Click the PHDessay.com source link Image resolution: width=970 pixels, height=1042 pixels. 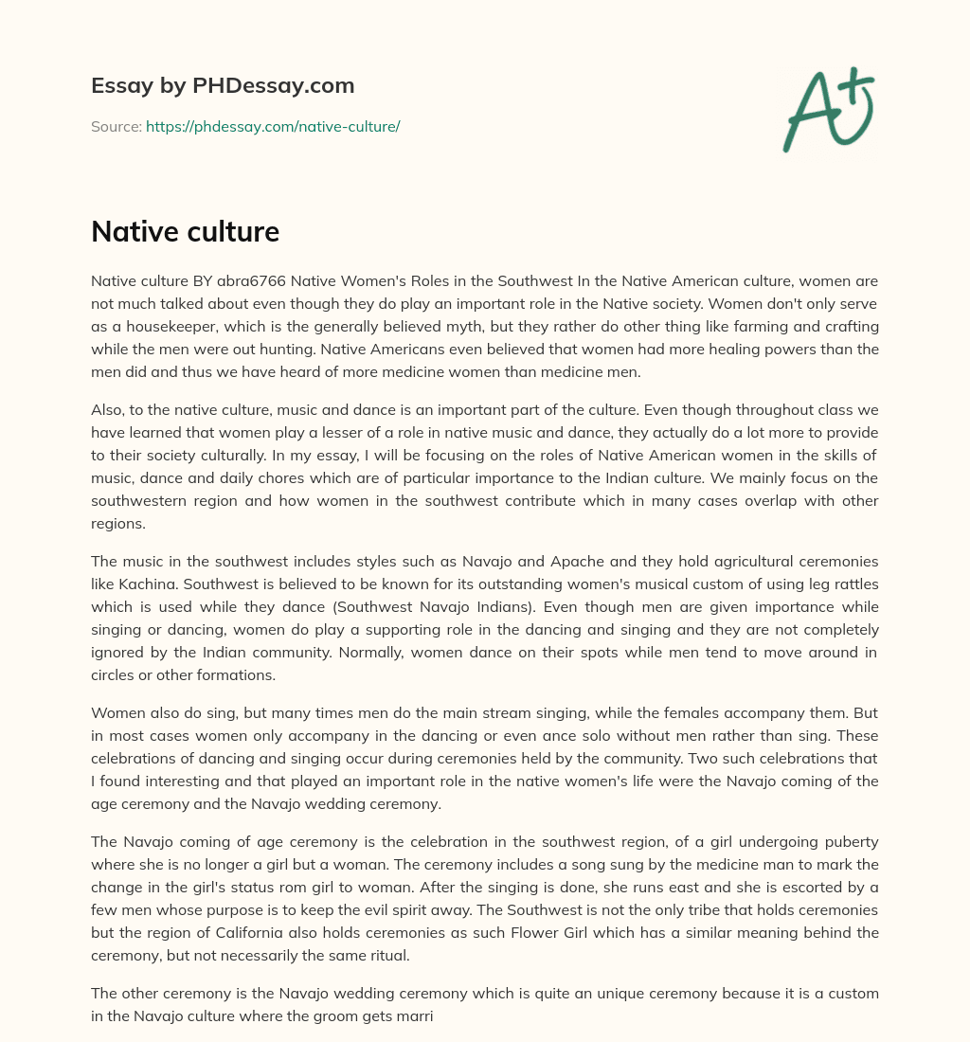coord(273,126)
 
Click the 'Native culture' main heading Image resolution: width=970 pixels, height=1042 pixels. coord(185,231)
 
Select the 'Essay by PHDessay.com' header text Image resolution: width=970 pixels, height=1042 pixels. coord(223,85)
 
